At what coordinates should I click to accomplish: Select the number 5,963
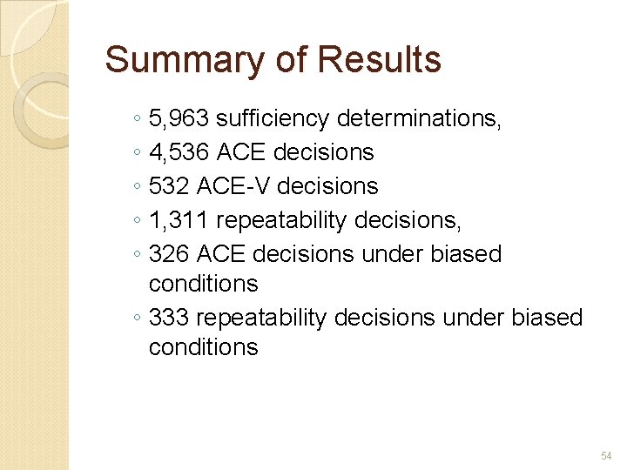[179, 118]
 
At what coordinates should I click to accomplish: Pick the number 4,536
[179, 152]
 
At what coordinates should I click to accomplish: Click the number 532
[169, 186]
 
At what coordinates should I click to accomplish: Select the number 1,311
[178, 220]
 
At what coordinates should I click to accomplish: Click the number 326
[169, 254]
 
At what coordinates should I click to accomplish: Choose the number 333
[169, 318]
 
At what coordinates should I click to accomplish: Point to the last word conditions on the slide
[203, 347]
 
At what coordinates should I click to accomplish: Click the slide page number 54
[606, 456]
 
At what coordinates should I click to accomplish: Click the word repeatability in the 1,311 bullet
[280, 220]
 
